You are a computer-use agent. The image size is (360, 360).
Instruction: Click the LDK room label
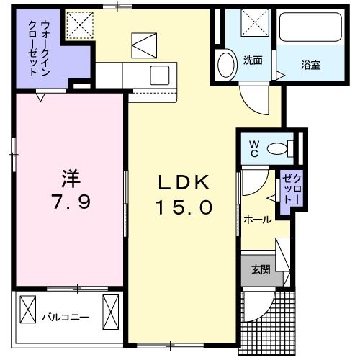pyautogui.click(x=184, y=182)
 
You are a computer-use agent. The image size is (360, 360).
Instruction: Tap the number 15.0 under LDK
pyautogui.click(x=184, y=207)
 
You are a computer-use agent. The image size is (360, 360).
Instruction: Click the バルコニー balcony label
pyautogui.click(x=65, y=315)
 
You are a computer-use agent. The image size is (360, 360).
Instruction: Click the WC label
pyautogui.click(x=253, y=148)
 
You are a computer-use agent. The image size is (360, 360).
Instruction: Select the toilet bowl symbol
pyautogui.click(x=277, y=149)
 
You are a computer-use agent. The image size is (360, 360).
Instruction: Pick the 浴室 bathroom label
pyautogui.click(x=311, y=65)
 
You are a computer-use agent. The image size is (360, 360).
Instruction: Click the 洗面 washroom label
pyautogui.click(x=252, y=60)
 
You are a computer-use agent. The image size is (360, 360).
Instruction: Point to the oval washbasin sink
pyautogui.click(x=226, y=63)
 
